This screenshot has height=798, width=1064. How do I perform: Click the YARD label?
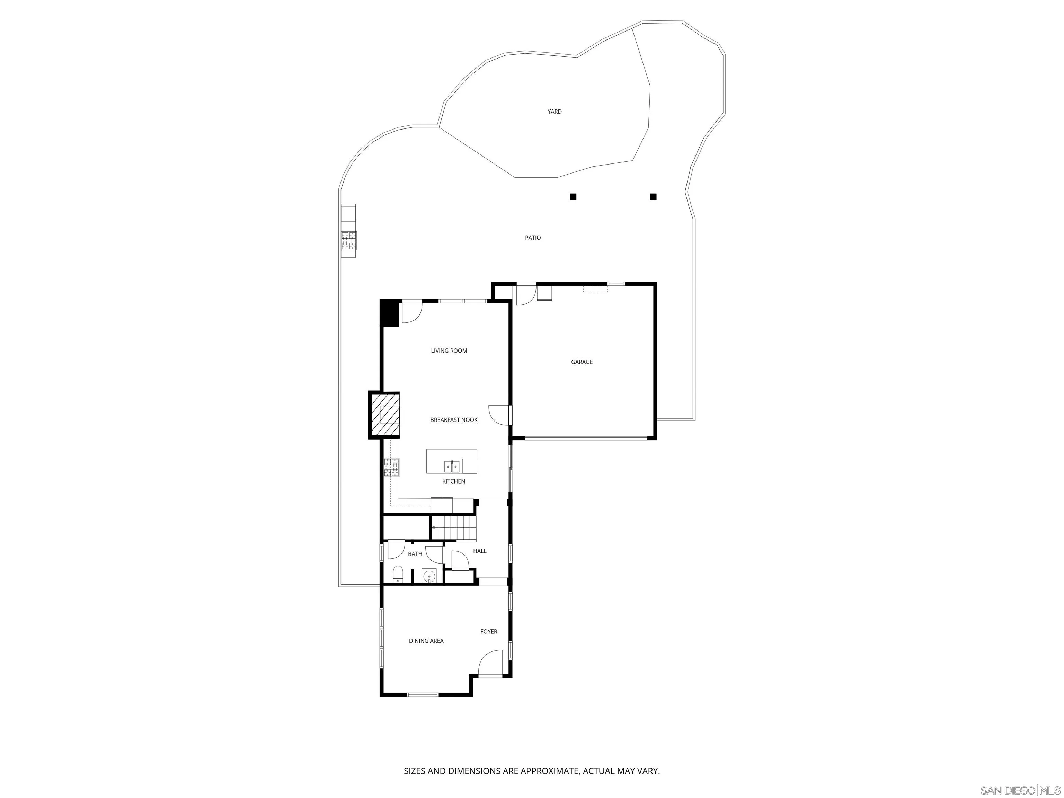click(554, 112)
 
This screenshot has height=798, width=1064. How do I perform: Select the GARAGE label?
click(582, 362)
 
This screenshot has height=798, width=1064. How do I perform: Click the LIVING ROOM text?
click(449, 351)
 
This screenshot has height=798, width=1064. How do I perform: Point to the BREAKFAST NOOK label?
click(454, 420)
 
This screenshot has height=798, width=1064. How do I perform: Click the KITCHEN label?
click(454, 481)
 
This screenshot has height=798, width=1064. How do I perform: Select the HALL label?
click(480, 551)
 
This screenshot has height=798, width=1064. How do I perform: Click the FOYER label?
click(489, 631)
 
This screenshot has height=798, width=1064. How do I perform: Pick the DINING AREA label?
click(426, 641)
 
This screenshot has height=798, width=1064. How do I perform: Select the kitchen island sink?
click(452, 466)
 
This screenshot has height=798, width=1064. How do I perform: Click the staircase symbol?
click(453, 528)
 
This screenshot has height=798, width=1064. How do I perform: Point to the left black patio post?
click(573, 197)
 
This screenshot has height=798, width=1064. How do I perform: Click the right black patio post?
click(653, 197)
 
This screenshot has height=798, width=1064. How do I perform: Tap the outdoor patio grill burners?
click(349, 241)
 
